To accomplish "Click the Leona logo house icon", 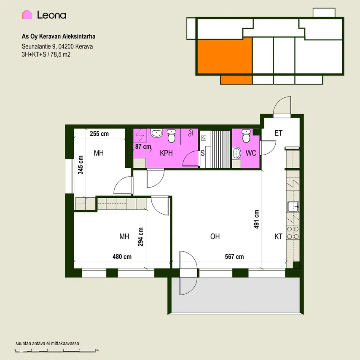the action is tap(27, 15).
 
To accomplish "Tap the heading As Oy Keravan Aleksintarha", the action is tap(58, 37).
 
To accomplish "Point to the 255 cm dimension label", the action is tap(99, 134).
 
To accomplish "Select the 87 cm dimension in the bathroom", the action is tap(143, 146).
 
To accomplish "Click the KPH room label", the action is tap(166, 153).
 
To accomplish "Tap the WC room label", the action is tap(251, 153).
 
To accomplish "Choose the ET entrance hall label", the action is tap(278, 133).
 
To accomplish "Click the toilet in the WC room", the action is tap(246, 136).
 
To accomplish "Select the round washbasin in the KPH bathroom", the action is tap(156, 133).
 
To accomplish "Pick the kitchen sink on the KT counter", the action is tap(293, 207).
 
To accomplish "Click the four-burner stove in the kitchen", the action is tap(293, 233).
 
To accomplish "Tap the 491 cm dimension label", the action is tap(256, 219).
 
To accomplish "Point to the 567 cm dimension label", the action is tap(234, 257).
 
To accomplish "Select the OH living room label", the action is tap(215, 236).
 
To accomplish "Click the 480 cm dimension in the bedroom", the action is tap(122, 257).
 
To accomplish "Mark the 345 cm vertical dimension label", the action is tap(81, 165).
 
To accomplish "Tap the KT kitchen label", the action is tap(278, 236).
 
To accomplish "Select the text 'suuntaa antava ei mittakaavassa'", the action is tap(47, 344).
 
